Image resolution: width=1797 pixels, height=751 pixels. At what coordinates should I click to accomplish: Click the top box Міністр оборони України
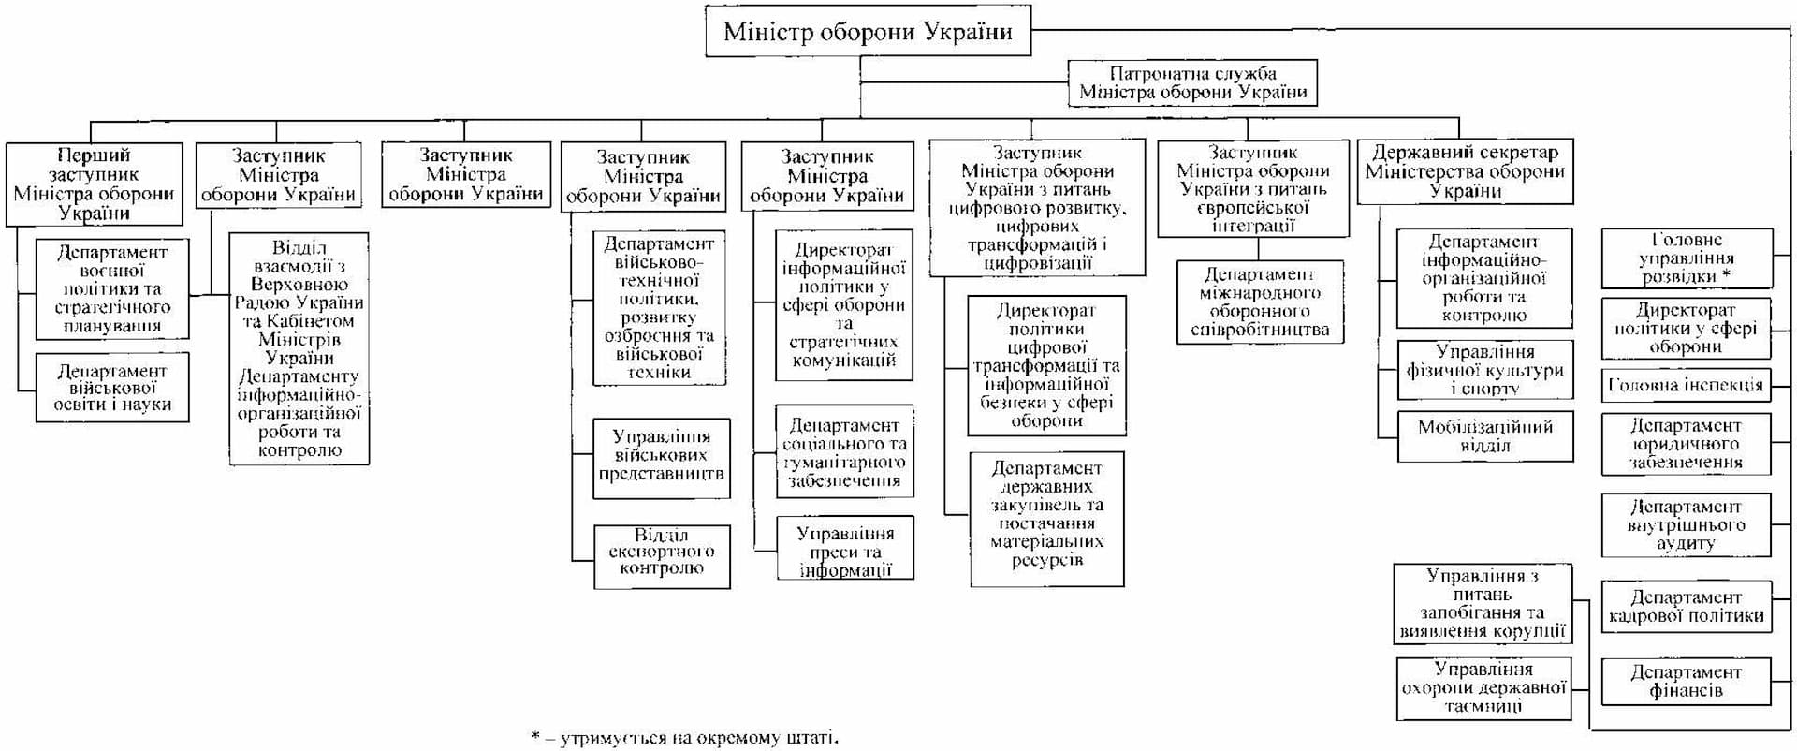click(868, 31)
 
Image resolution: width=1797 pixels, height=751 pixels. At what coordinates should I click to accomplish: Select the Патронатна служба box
click(1192, 82)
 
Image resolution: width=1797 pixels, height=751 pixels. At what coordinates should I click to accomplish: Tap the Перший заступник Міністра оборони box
click(94, 184)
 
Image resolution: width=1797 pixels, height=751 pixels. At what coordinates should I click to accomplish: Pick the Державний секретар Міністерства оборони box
click(1465, 171)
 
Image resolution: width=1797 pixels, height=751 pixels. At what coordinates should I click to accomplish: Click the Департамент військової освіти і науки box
click(112, 388)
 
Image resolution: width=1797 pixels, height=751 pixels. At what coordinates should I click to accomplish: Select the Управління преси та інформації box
click(845, 551)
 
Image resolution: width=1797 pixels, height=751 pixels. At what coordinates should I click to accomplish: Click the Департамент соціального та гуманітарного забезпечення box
click(844, 452)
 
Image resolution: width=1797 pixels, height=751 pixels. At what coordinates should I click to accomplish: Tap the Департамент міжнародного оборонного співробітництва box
click(1260, 302)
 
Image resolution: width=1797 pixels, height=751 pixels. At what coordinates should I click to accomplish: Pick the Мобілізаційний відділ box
click(1485, 435)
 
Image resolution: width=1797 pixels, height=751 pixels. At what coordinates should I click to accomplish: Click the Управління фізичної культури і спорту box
click(1484, 369)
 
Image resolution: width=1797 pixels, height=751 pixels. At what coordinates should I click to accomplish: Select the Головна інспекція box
click(1686, 384)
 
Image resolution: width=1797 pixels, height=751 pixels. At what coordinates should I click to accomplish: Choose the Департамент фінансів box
click(1686, 681)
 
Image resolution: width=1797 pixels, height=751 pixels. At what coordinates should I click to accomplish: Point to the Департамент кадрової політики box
click(1686, 606)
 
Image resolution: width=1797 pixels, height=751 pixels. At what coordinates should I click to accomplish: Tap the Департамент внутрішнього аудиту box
click(1686, 524)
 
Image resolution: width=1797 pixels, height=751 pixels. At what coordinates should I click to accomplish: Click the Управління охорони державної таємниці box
click(1483, 687)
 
